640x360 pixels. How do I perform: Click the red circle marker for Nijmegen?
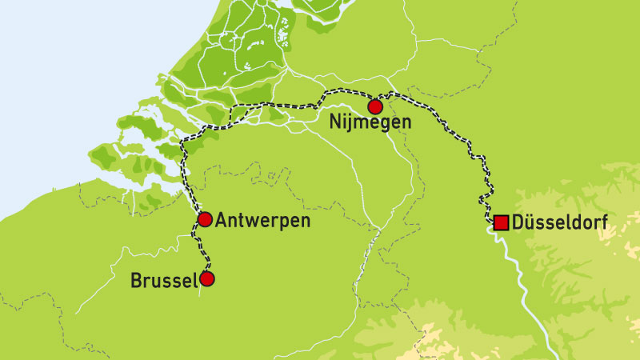coord(374,106)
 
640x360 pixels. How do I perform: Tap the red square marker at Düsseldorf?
coord(501,222)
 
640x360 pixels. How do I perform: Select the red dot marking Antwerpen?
coord(205,219)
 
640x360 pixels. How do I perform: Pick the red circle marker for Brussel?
coord(207,279)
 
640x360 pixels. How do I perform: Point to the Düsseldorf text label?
coord(558,222)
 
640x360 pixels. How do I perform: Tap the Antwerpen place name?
coord(263,220)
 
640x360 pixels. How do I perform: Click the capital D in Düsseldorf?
coord(519,222)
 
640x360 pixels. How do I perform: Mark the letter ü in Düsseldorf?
coord(531,222)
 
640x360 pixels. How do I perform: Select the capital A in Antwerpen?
coord(221,220)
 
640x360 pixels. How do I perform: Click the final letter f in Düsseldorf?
coord(598,222)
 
